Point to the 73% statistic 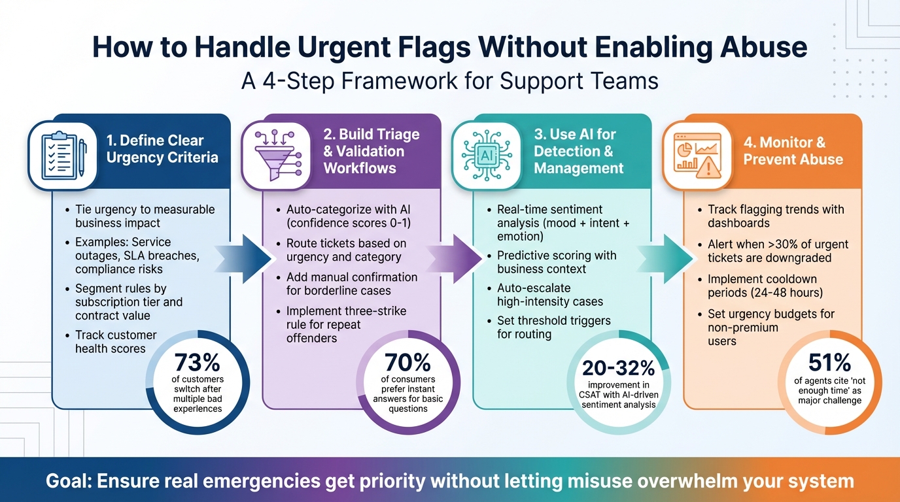pyautogui.click(x=198, y=362)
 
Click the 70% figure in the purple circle pyautogui.click(x=408, y=362)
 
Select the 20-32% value pyautogui.click(x=619, y=368)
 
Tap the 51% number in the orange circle pyautogui.click(x=829, y=362)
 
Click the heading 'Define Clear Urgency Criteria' pyautogui.click(x=162, y=149)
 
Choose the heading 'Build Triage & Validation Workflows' pyautogui.click(x=371, y=151)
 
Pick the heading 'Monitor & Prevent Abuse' pyautogui.click(x=793, y=151)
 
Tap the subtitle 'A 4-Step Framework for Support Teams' pyautogui.click(x=449, y=80)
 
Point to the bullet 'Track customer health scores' pyautogui.click(x=115, y=342)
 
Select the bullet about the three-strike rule pyautogui.click(x=346, y=324)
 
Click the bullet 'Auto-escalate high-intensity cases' pyautogui.click(x=549, y=295)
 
